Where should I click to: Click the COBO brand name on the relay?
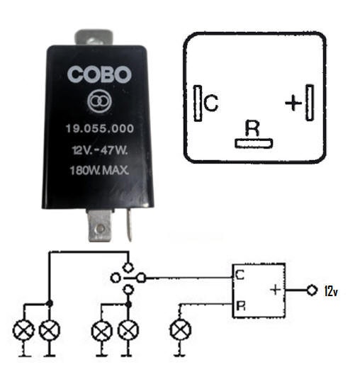99,74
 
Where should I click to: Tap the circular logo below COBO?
99,101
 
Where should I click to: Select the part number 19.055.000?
100,128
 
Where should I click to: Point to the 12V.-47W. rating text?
100,150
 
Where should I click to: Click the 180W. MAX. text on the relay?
99,170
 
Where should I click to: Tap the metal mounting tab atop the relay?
94,38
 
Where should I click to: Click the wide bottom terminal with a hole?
100,225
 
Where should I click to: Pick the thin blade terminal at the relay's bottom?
129,225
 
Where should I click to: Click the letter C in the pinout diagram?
210,103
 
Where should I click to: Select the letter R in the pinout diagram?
252,128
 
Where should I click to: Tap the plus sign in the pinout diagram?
293,102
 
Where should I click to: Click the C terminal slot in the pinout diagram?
198,103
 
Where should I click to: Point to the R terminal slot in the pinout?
254,143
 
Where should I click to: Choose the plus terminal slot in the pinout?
310,102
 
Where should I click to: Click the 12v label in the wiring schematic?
331,291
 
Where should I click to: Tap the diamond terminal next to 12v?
312,290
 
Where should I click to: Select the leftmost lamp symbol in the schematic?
23,330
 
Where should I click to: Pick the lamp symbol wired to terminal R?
180,329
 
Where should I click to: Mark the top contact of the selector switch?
128,267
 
